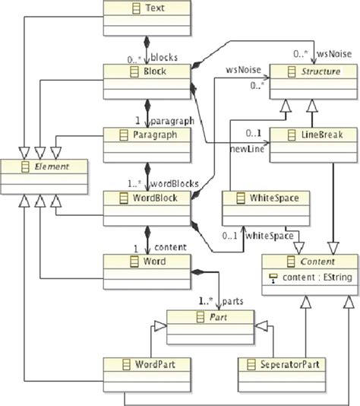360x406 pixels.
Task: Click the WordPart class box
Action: tap(134, 371)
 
